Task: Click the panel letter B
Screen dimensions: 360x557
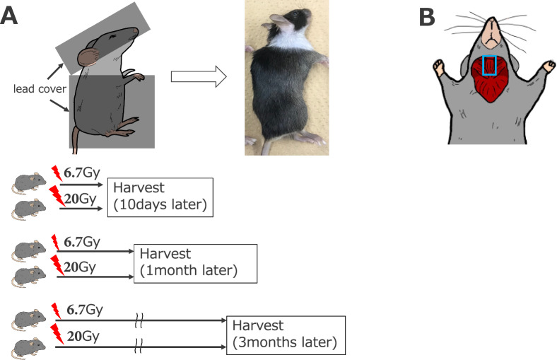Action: (428, 17)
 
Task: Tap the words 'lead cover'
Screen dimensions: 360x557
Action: (34, 90)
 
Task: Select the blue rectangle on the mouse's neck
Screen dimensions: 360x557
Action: (490, 65)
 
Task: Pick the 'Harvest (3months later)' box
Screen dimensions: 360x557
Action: (287, 335)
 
